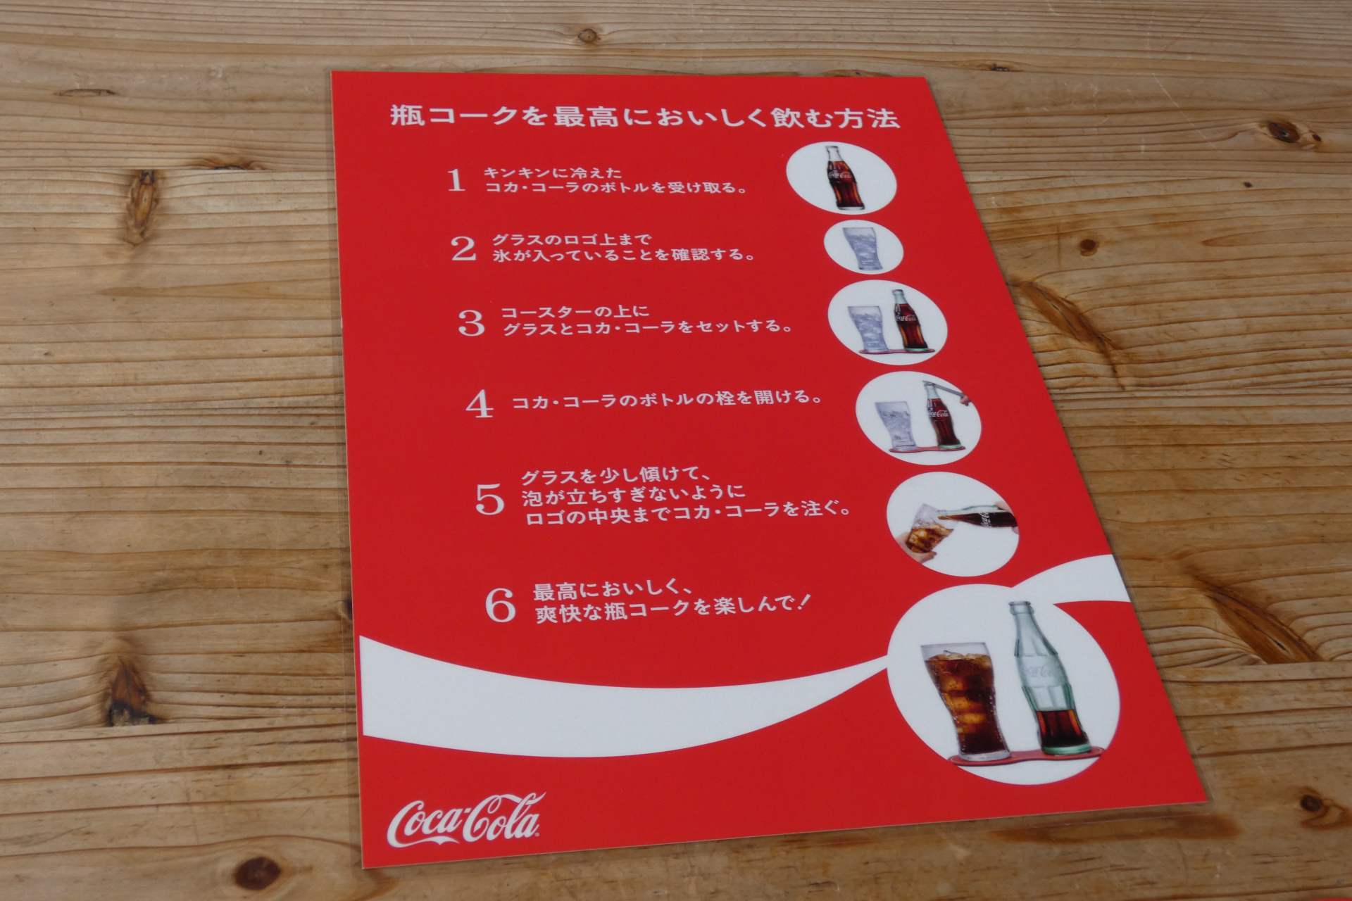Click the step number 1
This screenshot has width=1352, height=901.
pyautogui.click(x=456, y=180)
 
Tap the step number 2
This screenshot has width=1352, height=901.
pyautogui.click(x=463, y=248)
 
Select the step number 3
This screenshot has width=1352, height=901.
pyautogui.click(x=471, y=323)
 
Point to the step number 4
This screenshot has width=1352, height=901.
pyautogui.click(x=480, y=404)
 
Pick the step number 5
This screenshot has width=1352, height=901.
pyautogui.click(x=490, y=499)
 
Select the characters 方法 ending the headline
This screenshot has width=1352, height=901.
pyautogui.click(x=873, y=118)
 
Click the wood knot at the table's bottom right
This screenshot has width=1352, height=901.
pyautogui.click(x=1310, y=802)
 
